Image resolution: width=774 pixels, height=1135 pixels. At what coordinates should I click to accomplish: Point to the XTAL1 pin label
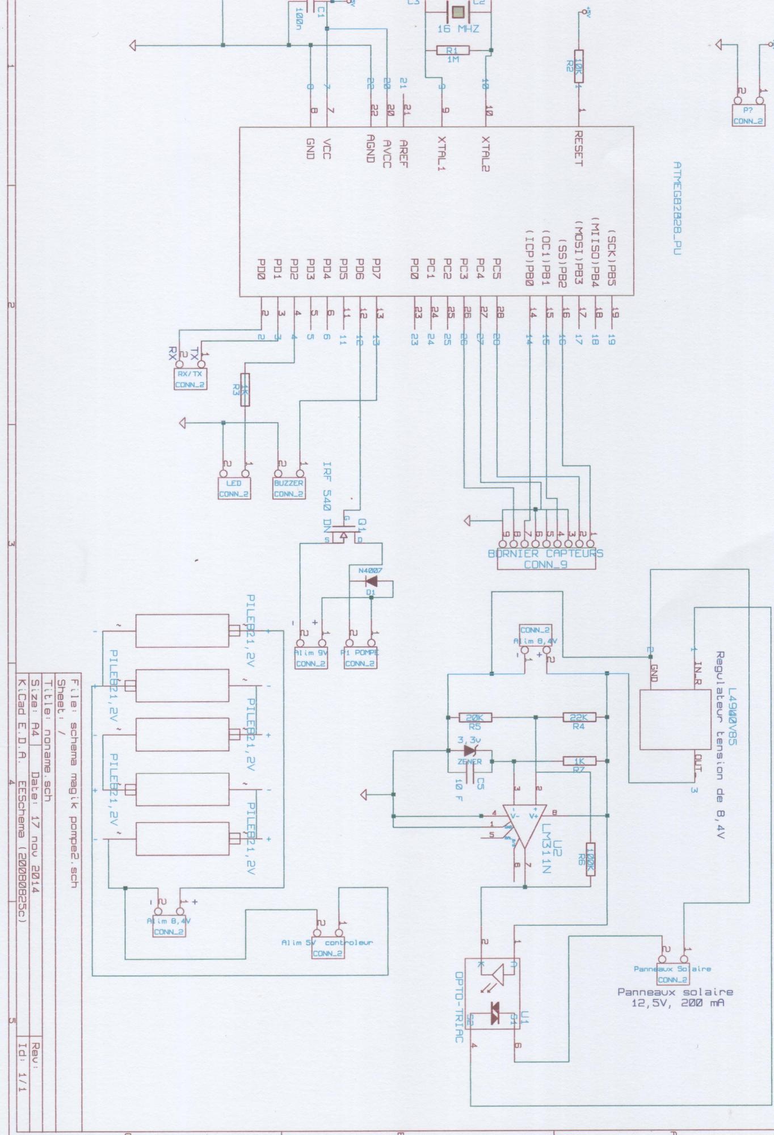[x=442, y=153]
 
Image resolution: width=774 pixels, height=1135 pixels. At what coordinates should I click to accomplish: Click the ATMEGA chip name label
[x=676, y=208]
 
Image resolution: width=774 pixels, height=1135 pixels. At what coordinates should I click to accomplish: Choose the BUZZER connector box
[x=288, y=488]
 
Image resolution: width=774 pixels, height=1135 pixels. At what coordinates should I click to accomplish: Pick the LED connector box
[x=234, y=488]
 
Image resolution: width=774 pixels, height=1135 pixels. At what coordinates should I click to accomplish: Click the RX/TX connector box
[x=190, y=379]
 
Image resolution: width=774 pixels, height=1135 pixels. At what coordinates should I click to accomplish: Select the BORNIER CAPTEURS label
[x=545, y=553]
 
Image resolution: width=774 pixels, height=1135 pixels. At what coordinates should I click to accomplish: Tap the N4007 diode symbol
[x=372, y=581]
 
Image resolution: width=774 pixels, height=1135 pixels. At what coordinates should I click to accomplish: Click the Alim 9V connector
[x=310, y=658]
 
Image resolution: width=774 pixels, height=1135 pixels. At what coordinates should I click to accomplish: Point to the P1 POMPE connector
[x=360, y=658]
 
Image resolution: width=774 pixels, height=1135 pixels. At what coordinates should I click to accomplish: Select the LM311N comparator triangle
[x=525, y=822]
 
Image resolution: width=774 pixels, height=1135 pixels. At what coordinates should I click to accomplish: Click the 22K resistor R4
[x=579, y=717]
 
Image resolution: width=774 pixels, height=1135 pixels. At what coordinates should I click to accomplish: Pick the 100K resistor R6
[x=590, y=858]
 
